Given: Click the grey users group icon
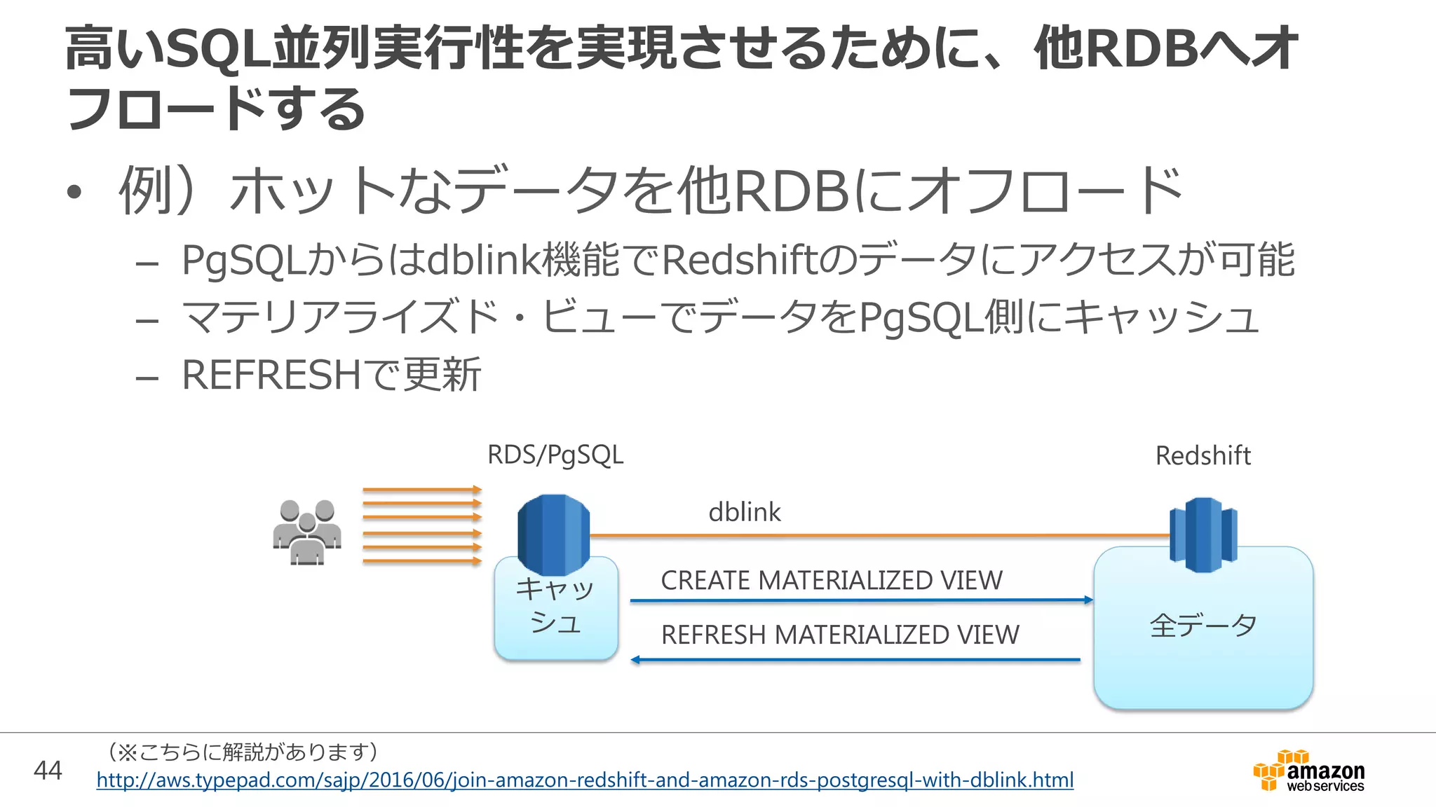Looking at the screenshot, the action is pyautogui.click(x=307, y=532).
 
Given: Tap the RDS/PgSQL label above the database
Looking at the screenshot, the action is pyautogui.click(x=555, y=455).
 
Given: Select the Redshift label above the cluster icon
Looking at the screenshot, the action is pyautogui.click(x=1203, y=456).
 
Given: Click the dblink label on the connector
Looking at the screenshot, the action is pyautogui.click(x=744, y=512).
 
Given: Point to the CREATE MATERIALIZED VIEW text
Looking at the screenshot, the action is pyautogui.click(x=832, y=580).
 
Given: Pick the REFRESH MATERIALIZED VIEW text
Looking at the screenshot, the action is pyautogui.click(x=840, y=635).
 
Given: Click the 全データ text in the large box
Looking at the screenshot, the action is pyautogui.click(x=1203, y=625).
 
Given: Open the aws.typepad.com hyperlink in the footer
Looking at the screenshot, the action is pyautogui.click(x=585, y=780).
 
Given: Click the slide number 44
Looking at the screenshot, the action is pyautogui.click(x=48, y=771).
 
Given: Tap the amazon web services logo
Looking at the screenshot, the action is pyautogui.click(x=1309, y=771).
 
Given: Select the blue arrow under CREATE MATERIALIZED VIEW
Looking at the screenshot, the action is pyautogui.click(x=861, y=600).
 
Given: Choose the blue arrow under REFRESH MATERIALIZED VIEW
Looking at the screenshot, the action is pyautogui.click(x=855, y=660).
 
